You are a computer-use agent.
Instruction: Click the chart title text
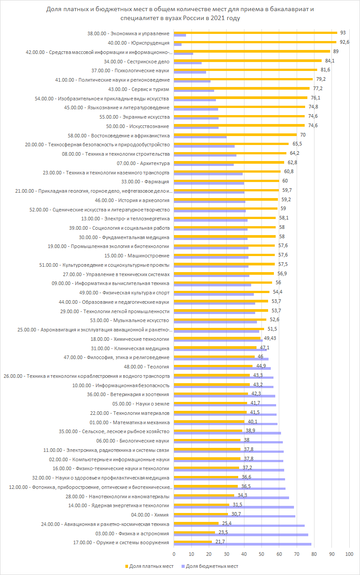click(180, 14)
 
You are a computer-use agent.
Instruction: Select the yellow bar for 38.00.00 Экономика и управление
click(255, 33)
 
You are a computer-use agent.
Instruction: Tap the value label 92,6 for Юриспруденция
click(344, 42)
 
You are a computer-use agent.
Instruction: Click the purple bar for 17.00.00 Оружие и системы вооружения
click(242, 544)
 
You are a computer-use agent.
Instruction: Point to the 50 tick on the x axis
click(261, 554)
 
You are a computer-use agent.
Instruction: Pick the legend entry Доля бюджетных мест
click(211, 567)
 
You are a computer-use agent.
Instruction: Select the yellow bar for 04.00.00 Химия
click(200, 514)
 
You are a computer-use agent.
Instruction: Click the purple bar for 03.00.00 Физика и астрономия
click(240, 535)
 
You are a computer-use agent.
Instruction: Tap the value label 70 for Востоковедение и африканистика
click(302, 134)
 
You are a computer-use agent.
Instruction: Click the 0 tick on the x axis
click(174, 554)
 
